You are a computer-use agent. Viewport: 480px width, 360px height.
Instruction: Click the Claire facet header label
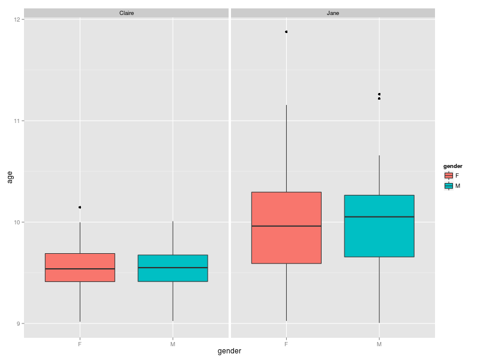pyautogui.click(x=127, y=13)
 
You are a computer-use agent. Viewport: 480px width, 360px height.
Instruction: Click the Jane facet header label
pyautogui.click(x=332, y=13)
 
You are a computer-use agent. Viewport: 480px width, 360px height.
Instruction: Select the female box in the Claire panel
pyautogui.click(x=80, y=268)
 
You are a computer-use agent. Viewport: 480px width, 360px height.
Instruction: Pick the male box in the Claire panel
pyautogui.click(x=173, y=268)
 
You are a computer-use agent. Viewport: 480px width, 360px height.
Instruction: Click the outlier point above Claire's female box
pyautogui.click(x=80, y=207)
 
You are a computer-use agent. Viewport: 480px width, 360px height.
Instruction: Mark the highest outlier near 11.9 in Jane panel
pyautogui.click(x=286, y=32)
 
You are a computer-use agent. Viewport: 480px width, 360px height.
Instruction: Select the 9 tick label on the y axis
pyautogui.click(x=19, y=324)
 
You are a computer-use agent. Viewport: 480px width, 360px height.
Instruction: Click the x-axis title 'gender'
pyautogui.click(x=229, y=352)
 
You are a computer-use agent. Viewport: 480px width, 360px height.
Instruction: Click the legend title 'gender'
pyautogui.click(x=452, y=166)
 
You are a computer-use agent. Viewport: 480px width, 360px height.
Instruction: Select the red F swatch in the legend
pyautogui.click(x=448, y=175)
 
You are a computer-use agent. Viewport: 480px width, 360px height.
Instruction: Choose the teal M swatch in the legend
pyautogui.click(x=448, y=186)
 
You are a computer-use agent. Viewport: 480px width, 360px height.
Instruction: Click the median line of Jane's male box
pyautogui.click(x=379, y=217)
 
